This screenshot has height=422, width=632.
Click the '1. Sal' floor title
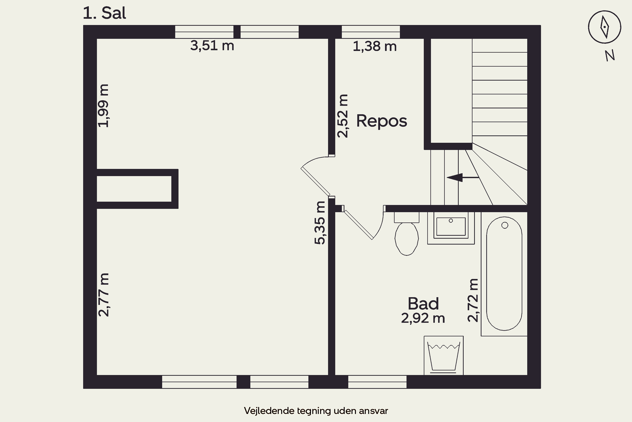[104, 13]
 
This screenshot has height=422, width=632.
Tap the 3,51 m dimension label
[212, 46]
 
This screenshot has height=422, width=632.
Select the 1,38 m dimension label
[375, 46]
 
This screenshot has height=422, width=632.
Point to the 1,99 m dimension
[103, 105]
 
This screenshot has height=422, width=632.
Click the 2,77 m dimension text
[103, 295]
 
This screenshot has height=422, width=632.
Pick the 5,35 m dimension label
[320, 223]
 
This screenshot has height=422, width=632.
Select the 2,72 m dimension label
[473, 300]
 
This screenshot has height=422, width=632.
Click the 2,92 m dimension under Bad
[423, 318]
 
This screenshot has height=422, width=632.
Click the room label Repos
[382, 121]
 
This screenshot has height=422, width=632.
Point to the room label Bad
[423, 304]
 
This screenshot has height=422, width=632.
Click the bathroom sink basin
[451, 227]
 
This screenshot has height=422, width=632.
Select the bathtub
[504, 273]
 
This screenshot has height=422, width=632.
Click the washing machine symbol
[444, 355]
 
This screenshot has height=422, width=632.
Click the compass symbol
[604, 27]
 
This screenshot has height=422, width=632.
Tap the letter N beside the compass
[610, 55]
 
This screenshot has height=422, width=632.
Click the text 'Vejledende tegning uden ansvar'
[316, 411]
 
